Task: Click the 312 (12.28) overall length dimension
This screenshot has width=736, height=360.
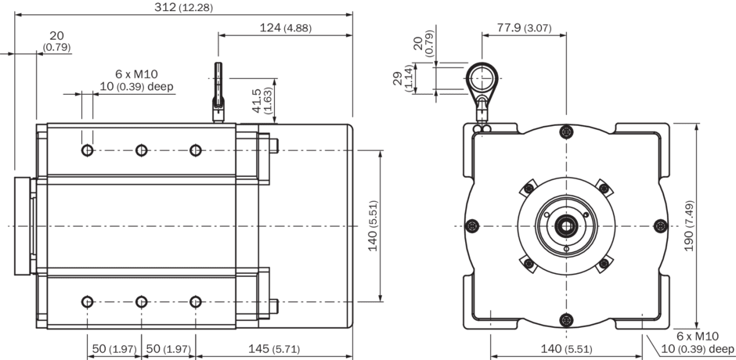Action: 184,8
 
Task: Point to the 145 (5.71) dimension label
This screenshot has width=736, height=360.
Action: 270,348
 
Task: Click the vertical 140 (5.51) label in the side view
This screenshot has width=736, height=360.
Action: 373,225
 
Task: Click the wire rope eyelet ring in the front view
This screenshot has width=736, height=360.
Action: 485,78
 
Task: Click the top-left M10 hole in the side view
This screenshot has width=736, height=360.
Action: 87,150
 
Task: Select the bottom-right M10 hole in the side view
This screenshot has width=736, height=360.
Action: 196,301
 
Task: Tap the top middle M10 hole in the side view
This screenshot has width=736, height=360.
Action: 141,150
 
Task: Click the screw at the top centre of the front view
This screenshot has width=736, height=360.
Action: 565,132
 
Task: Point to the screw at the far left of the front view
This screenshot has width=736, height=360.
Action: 471,226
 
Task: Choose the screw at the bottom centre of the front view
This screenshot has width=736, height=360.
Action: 565,319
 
